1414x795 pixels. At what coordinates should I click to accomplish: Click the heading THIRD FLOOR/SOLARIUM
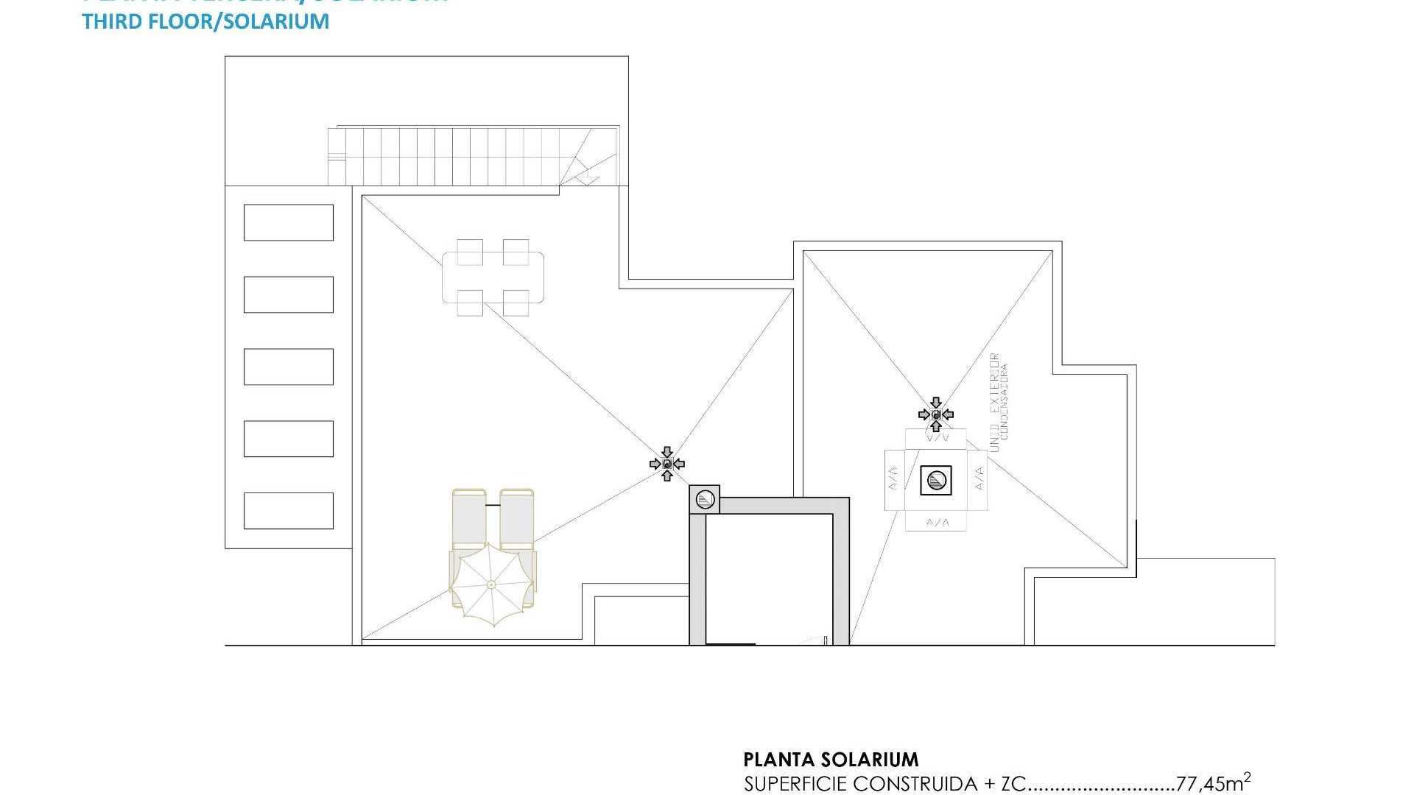tap(205, 21)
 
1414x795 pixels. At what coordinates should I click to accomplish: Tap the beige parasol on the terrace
tap(491, 585)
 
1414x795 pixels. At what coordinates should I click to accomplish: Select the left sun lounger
tap(469, 519)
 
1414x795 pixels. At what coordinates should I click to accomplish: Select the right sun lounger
tap(516, 519)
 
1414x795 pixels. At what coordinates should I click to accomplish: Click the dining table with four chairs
tap(493, 278)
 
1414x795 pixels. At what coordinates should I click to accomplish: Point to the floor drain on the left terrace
tap(667, 464)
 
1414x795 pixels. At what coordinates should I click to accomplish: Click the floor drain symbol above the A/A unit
tap(936, 414)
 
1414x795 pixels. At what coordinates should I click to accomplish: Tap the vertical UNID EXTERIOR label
tap(995, 402)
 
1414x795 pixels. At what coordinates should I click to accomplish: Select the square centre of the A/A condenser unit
tap(936, 481)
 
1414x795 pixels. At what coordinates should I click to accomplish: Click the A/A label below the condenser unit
tap(936, 523)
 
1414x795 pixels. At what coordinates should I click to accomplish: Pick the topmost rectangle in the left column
tap(288, 222)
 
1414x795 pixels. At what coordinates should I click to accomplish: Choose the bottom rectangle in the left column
tap(288, 511)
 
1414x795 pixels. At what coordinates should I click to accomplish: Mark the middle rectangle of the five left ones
tap(288, 367)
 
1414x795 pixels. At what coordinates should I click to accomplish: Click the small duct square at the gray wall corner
tap(705, 500)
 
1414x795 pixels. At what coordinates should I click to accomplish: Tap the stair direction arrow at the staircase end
tap(587, 177)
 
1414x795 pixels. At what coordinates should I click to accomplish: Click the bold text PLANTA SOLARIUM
tap(831, 760)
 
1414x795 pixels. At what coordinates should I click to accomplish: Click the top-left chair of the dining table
tap(470, 252)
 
